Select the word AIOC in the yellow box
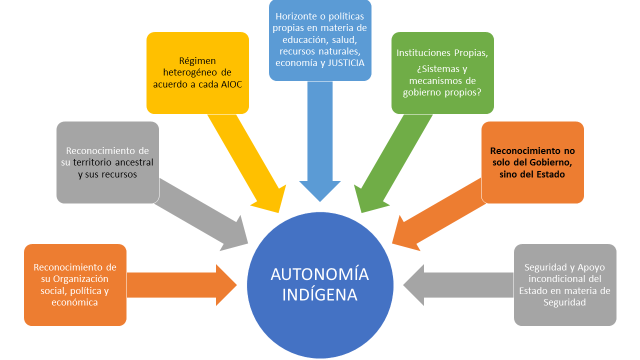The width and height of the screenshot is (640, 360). (x=231, y=84)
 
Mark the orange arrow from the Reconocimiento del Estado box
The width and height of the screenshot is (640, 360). (x=435, y=215)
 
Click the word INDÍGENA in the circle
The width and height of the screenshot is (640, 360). (x=320, y=294)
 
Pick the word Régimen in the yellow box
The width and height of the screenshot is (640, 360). (x=197, y=61)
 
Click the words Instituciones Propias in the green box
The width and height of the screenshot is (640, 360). (x=442, y=52)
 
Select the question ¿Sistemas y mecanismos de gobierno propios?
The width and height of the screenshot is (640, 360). (x=442, y=80)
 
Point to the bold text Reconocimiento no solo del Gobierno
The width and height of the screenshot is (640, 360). (x=532, y=156)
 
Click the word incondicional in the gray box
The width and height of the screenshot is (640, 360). (x=565, y=279)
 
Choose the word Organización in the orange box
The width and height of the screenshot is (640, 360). (x=81, y=279)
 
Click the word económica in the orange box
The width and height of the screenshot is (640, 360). (x=75, y=302)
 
